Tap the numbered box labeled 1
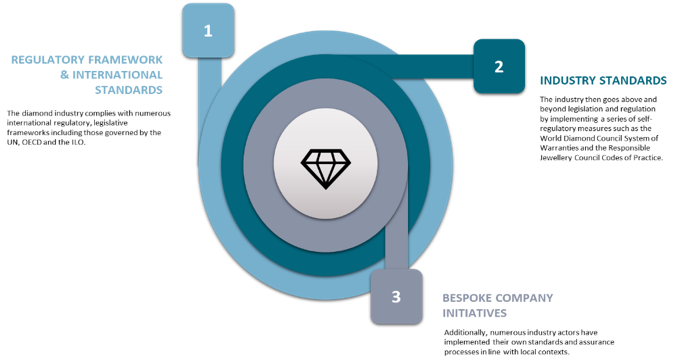click(x=208, y=30)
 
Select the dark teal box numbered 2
click(x=498, y=66)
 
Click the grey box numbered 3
click(x=396, y=296)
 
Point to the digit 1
click(x=208, y=30)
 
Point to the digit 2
click(x=498, y=66)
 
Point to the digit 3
click(x=396, y=297)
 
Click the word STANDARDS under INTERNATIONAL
click(x=129, y=90)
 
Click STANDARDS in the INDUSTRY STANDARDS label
click(x=632, y=81)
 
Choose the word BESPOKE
click(x=467, y=298)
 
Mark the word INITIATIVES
click(x=475, y=314)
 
